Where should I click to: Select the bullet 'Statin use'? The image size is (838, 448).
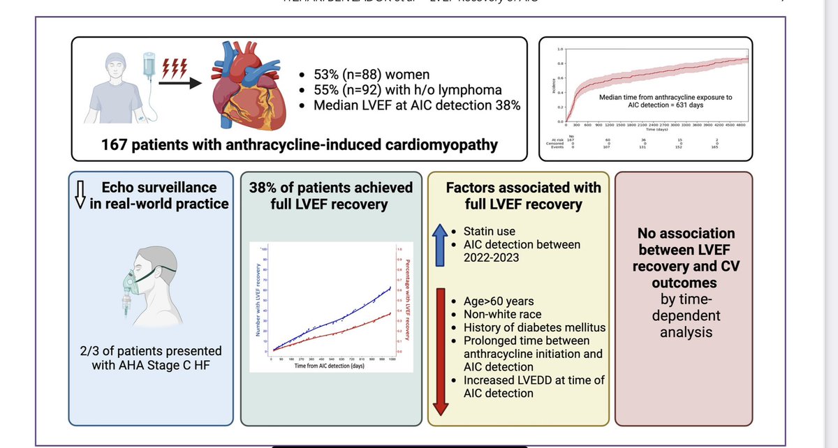[x=493, y=231]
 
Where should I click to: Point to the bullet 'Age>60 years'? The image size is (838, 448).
[x=499, y=301]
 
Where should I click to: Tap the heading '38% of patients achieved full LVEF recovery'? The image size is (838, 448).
[x=330, y=196]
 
